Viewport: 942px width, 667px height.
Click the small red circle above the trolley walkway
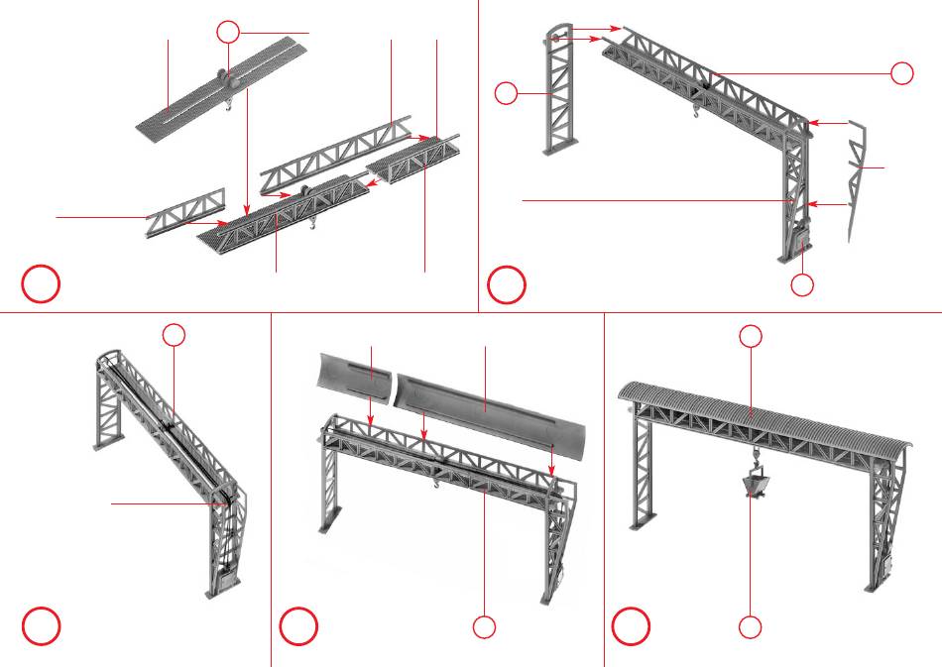(x=229, y=31)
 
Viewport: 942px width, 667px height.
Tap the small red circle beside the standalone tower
(x=506, y=94)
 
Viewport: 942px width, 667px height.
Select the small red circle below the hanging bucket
(x=751, y=626)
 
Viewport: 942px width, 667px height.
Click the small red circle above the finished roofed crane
(x=752, y=337)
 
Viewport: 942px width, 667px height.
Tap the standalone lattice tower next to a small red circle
(x=558, y=94)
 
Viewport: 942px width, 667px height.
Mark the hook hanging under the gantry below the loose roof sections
(x=434, y=483)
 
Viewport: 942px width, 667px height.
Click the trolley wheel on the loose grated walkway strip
(x=220, y=76)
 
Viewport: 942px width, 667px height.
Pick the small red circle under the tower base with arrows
(x=803, y=285)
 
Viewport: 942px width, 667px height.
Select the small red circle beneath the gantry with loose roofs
(x=483, y=626)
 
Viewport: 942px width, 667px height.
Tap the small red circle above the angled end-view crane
(x=174, y=335)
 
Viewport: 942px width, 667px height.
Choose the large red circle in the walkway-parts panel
(x=42, y=283)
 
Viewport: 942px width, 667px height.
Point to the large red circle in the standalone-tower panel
(x=508, y=283)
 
